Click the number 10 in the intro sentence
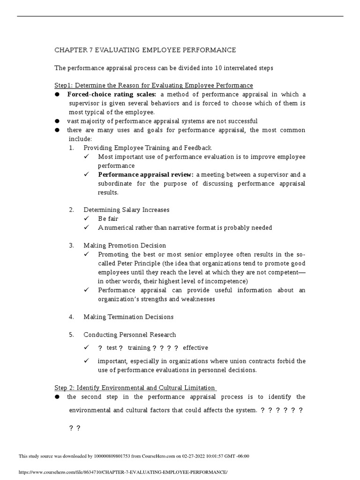tap(219, 68)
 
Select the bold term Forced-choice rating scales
tap(112, 95)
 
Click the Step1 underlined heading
tap(154, 85)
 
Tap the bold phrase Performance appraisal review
tap(146, 174)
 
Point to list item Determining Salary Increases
tap(127, 210)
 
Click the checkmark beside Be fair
tap(87, 219)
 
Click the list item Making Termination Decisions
tap(128, 317)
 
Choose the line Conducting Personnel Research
tap(130, 335)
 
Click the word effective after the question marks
tap(195, 348)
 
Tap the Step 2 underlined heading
tap(135, 388)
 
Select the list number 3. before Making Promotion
tap(71, 246)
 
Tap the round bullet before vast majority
tap(57, 121)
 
